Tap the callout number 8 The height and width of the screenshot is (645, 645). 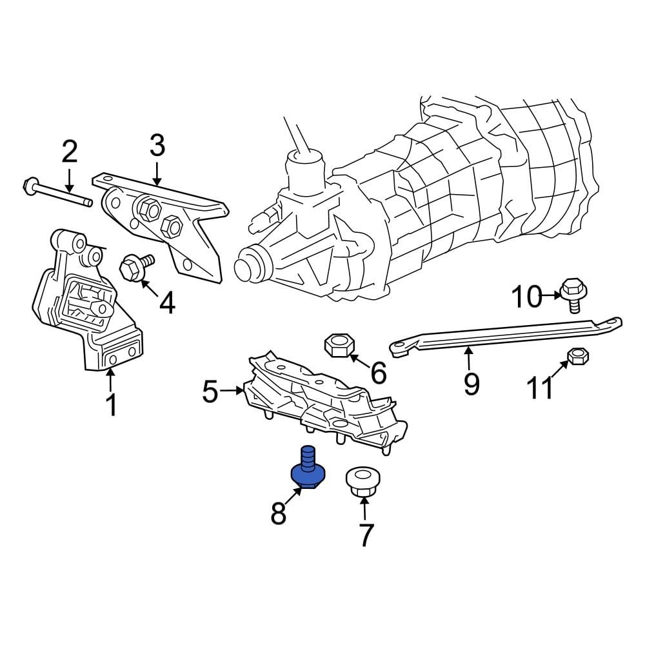pos(278,514)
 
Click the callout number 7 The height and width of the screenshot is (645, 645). pos(366,535)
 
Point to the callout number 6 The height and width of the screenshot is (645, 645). pos(378,372)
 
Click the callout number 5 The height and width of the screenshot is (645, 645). pos(210,391)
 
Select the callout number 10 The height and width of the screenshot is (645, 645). pos(528,297)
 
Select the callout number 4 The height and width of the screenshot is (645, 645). pos(166,303)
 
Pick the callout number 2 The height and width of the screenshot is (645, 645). pos(69,152)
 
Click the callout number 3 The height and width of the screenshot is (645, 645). pos(157,146)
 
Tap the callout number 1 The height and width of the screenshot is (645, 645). pos(111,405)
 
